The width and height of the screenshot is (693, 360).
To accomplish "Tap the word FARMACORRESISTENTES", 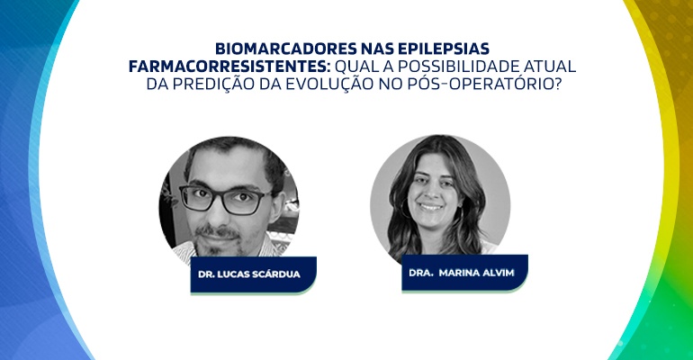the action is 229,67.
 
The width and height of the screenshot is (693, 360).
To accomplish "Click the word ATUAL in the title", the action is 550,67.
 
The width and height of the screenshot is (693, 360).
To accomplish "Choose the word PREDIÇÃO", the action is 213,84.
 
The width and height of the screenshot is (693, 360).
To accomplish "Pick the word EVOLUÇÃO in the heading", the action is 329,84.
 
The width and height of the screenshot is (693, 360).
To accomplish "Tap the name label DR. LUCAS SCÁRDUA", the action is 254,274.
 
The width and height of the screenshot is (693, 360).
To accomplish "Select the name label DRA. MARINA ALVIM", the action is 465,273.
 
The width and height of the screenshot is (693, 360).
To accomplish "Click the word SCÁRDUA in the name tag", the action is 276,274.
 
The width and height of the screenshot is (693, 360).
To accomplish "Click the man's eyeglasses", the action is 225,199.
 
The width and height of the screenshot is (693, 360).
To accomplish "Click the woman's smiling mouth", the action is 430,207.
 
